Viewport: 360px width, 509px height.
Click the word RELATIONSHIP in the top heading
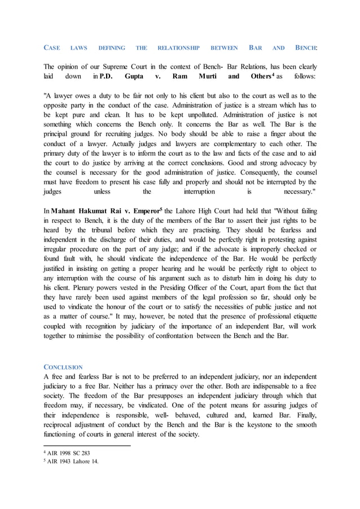click(x=179, y=49)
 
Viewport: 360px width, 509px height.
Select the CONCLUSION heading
click(x=63, y=367)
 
